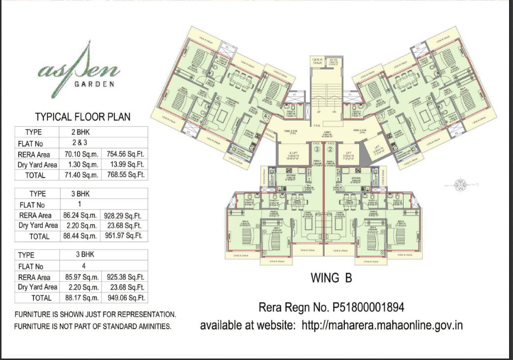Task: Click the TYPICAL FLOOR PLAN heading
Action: [x=82, y=117]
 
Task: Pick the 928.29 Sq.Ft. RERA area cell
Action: [x=124, y=216]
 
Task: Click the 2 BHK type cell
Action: [x=81, y=132]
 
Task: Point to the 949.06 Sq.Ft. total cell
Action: [x=124, y=298]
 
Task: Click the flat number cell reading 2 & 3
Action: [x=81, y=144]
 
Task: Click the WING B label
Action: [x=331, y=278]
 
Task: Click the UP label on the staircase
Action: [x=318, y=112]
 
